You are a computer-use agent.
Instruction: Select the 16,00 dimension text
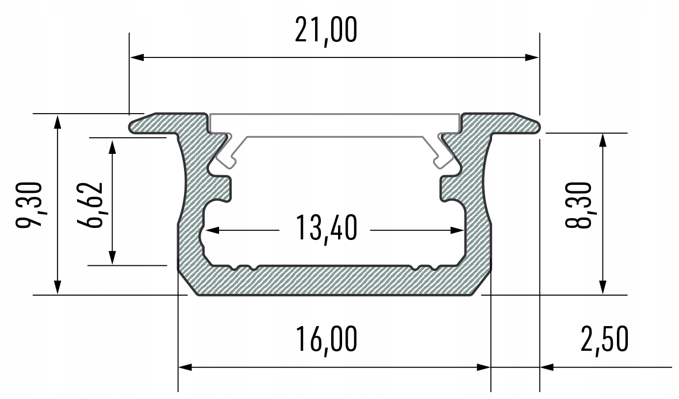tap(325, 340)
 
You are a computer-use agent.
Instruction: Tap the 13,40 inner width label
tap(325, 228)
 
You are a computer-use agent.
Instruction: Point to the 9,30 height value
tap(28, 204)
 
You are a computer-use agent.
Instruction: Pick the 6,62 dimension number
tap(90, 204)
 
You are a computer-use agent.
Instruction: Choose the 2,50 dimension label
tap(603, 340)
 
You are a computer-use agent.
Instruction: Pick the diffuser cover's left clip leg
tap(227, 152)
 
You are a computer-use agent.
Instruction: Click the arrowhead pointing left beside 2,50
tap(547, 366)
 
